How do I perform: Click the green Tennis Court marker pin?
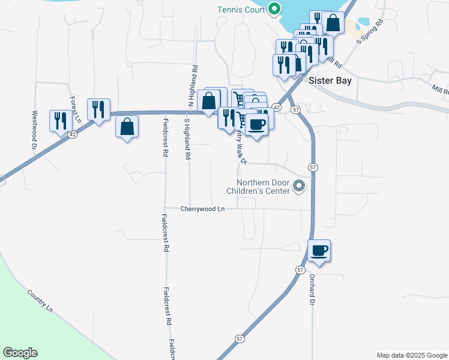[x=274, y=9]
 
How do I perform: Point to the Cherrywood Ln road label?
[x=202, y=209]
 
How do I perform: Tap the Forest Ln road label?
[x=75, y=109]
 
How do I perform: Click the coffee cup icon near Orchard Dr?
[x=319, y=250]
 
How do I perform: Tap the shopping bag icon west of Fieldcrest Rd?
[x=127, y=127]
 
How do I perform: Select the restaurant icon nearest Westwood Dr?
[x=61, y=121]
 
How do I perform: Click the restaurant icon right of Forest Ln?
[x=98, y=109]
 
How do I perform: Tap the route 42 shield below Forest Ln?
[x=72, y=135]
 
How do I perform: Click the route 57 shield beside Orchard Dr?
[x=300, y=270]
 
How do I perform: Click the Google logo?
[x=20, y=353]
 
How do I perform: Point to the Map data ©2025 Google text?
[x=411, y=355]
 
